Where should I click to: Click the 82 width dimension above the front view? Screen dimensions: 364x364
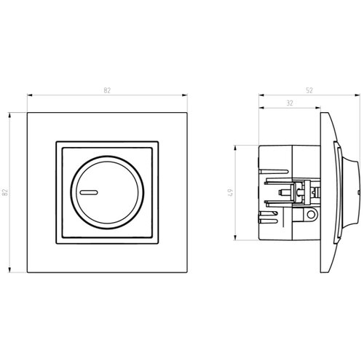point(107,90)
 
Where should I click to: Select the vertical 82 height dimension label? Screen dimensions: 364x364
point(5,192)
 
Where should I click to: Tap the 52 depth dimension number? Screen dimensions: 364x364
point(309,90)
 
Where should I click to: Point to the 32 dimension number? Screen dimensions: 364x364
point(290,103)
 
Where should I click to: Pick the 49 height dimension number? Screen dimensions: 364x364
point(231,192)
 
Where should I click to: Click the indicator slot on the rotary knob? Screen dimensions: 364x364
point(89,193)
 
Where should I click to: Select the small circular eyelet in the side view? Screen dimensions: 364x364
point(311,214)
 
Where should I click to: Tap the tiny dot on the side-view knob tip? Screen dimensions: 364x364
point(359,192)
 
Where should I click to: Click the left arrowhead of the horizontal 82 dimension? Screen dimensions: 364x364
point(30,95)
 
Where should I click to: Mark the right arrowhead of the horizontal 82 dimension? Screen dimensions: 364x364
point(185,95)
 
